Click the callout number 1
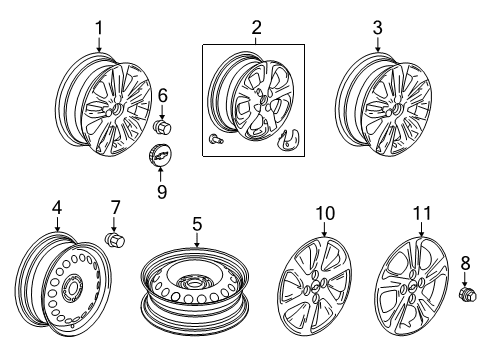pos(99,28)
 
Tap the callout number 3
pos(377,28)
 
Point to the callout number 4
pos(57,208)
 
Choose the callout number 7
pos(115,207)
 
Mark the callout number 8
pos(464,264)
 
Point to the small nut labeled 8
pos(465,295)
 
